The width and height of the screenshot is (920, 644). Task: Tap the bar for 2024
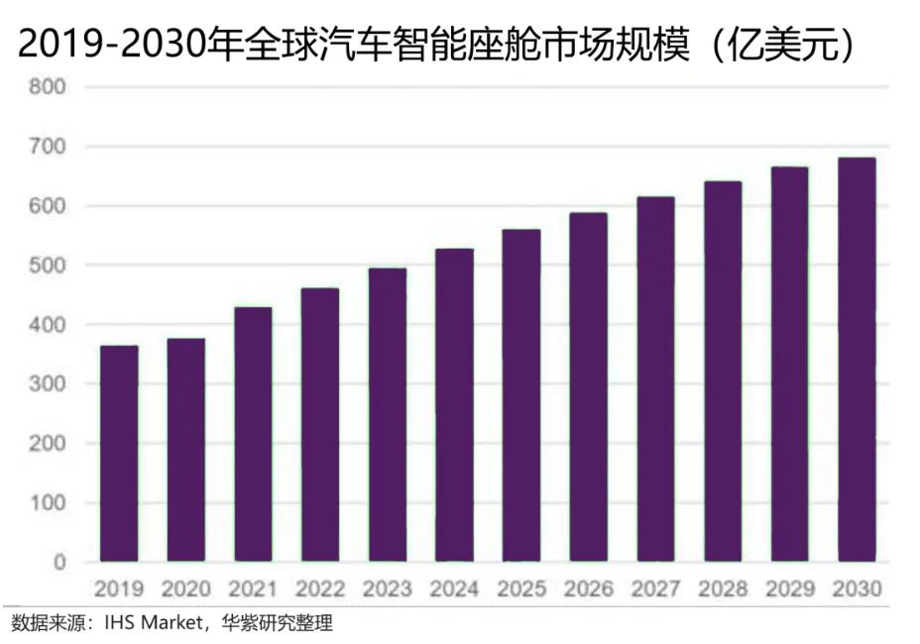pos(454,405)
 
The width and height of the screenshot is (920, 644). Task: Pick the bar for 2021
pos(253,435)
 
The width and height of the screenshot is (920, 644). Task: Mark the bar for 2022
pos(320,425)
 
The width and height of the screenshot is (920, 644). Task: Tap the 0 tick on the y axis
pos(59,562)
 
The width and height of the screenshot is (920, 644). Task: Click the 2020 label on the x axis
pos(185,590)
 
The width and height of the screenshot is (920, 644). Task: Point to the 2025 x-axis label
pos(521,590)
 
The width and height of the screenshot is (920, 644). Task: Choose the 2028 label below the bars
pos(723,590)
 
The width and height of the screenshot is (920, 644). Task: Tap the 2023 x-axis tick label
pos(387,590)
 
